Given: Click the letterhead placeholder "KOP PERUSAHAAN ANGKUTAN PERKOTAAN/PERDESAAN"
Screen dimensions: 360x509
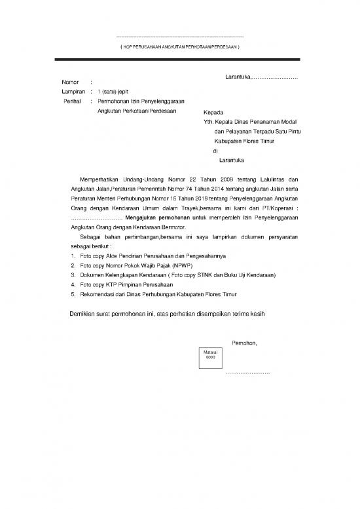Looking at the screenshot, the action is (179, 48).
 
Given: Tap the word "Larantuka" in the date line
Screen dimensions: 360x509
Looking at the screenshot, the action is (238, 79).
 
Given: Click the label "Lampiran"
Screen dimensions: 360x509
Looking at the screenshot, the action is (73, 92).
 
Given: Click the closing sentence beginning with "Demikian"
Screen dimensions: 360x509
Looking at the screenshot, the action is (167, 314).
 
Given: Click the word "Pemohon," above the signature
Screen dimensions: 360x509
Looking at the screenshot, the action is (245, 343).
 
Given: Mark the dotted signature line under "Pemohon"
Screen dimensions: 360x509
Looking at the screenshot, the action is (247, 373).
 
